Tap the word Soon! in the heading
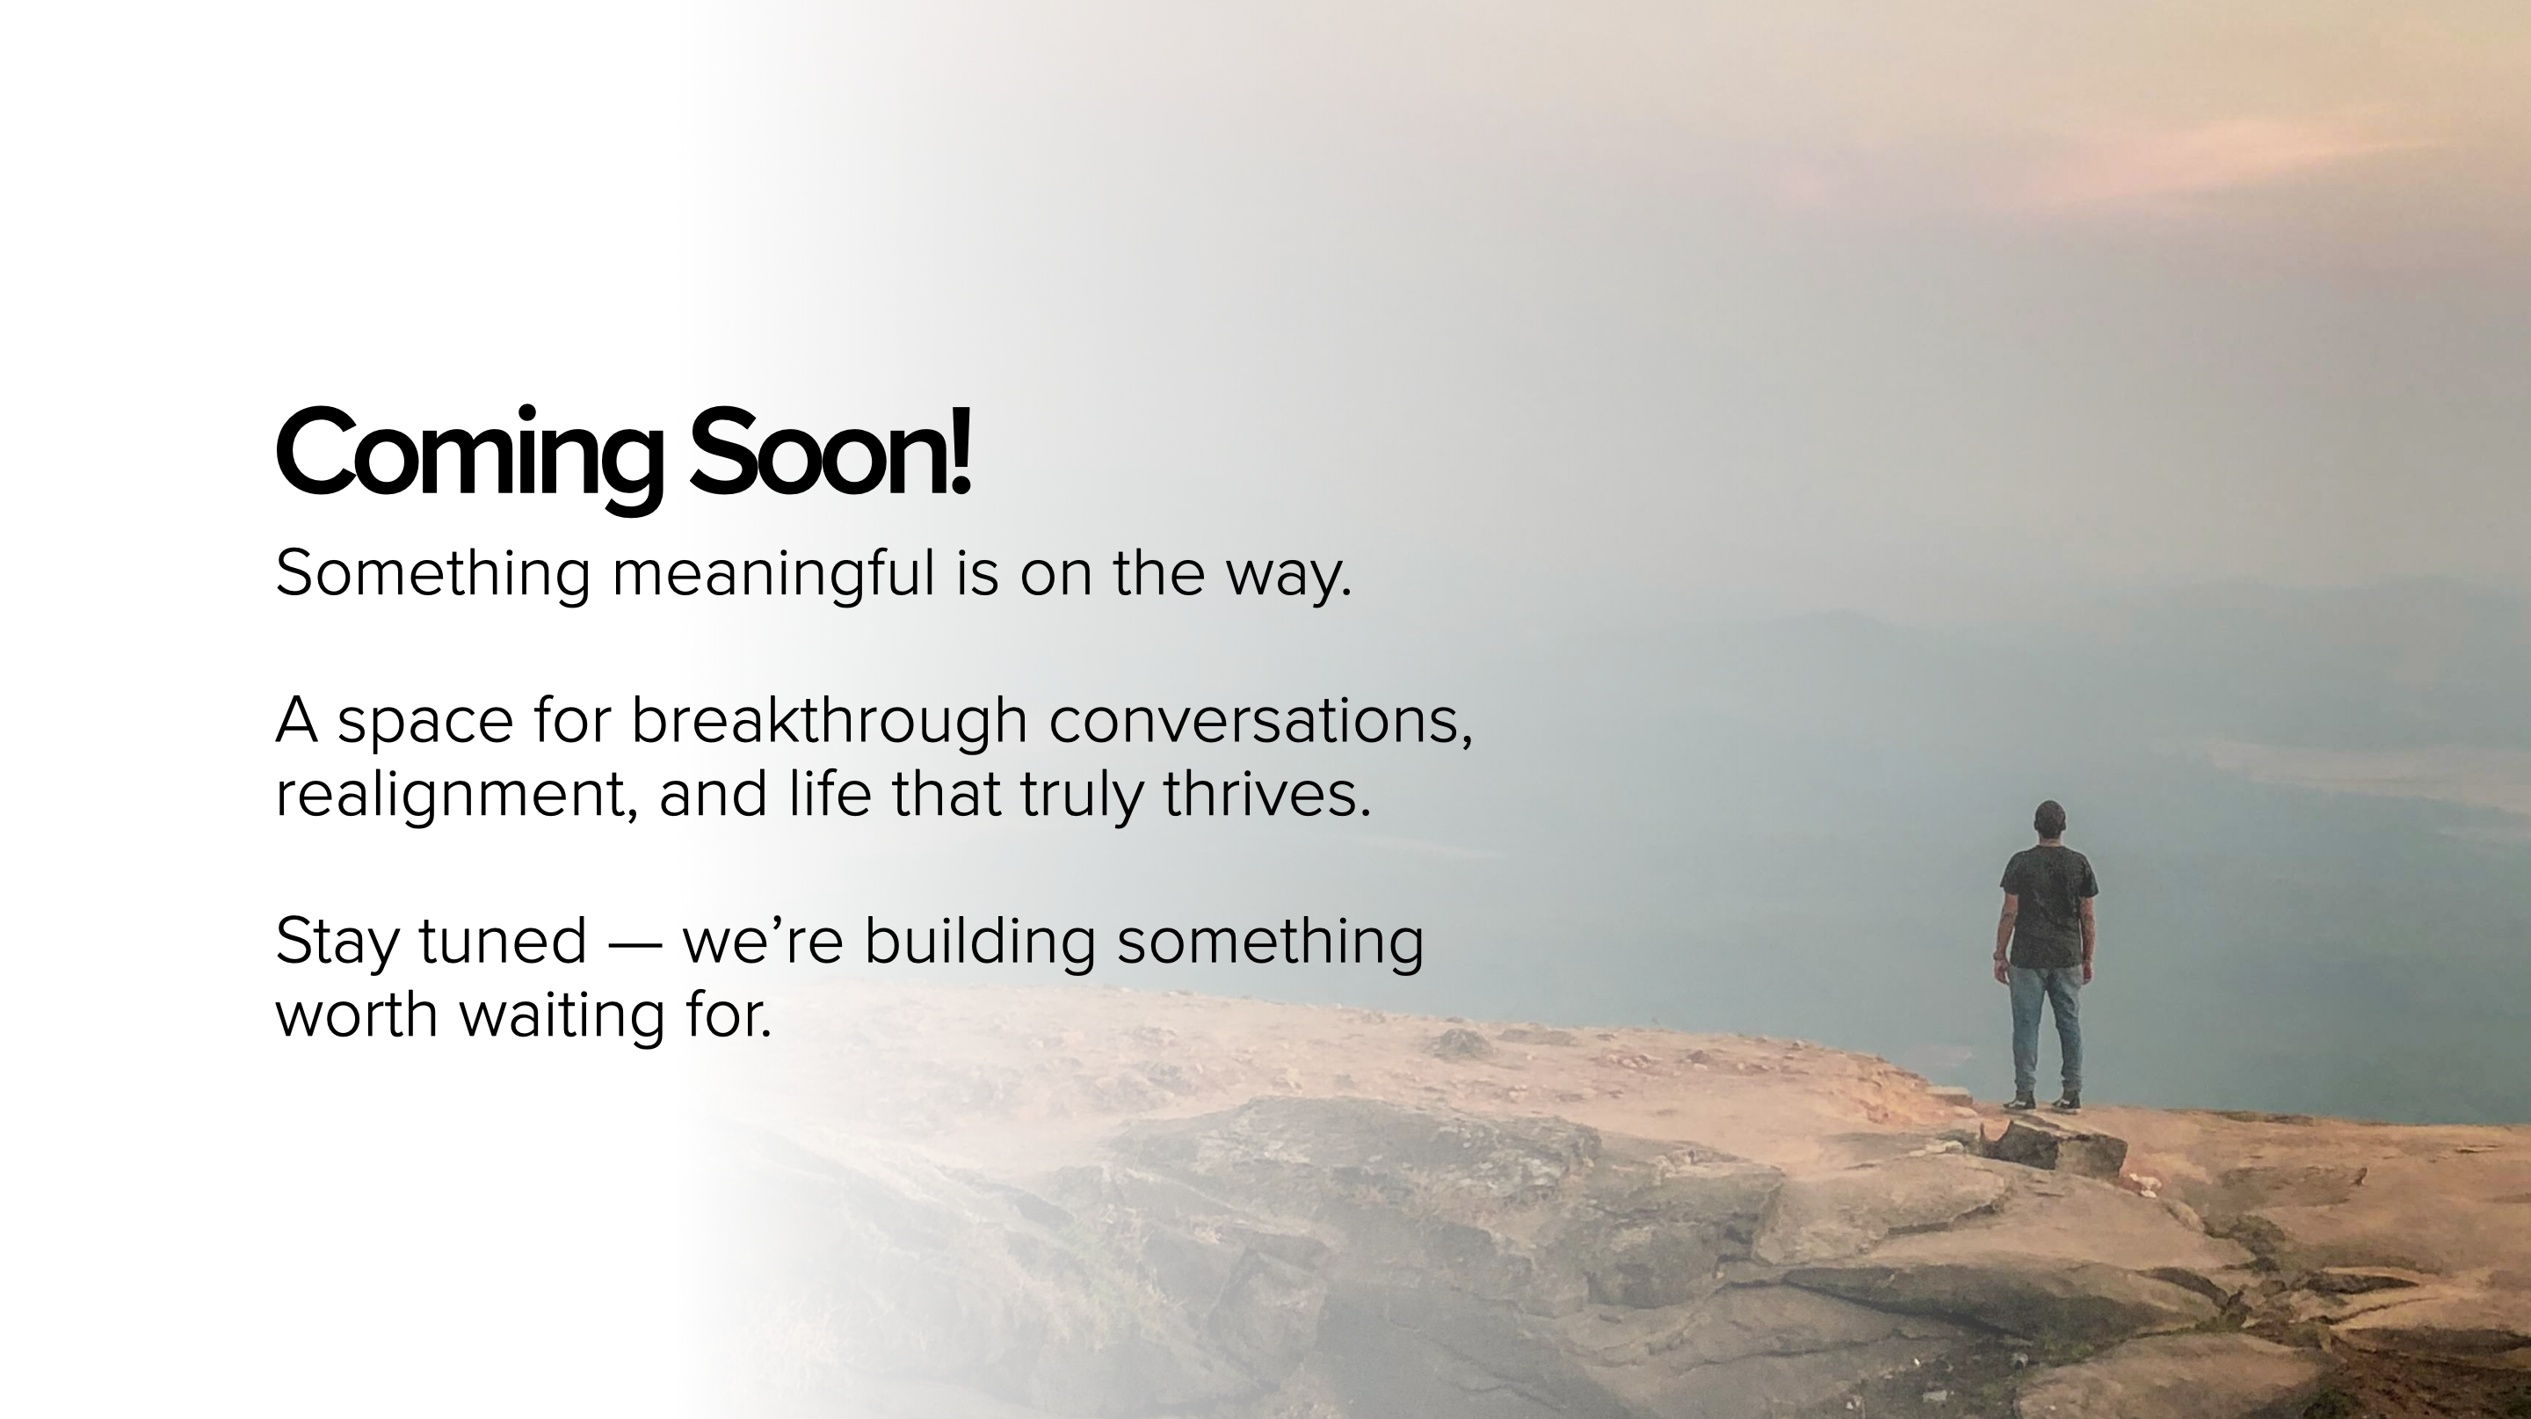click(831, 451)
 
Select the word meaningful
click(773, 574)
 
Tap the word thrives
click(1266, 794)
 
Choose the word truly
click(1082, 796)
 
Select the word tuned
click(503, 941)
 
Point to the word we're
click(763, 942)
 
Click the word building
click(980, 942)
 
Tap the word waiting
click(562, 1015)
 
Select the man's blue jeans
click(2047, 1028)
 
